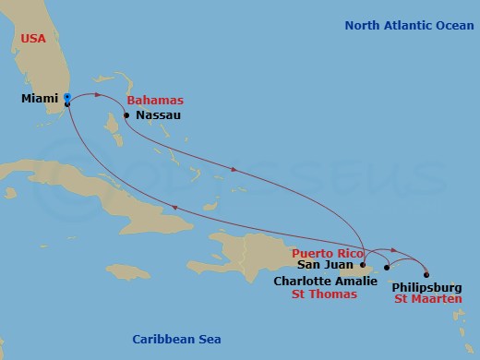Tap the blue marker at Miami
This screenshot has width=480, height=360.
point(67,96)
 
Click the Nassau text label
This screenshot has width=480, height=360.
point(158,115)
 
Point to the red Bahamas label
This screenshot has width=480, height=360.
point(155,100)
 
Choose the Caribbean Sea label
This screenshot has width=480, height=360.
point(175,339)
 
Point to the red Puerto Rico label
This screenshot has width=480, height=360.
point(322,252)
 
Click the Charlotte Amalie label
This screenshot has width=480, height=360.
point(326,281)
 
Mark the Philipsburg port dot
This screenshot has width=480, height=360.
point(426,274)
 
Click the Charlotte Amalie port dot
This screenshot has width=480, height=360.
point(387,268)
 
